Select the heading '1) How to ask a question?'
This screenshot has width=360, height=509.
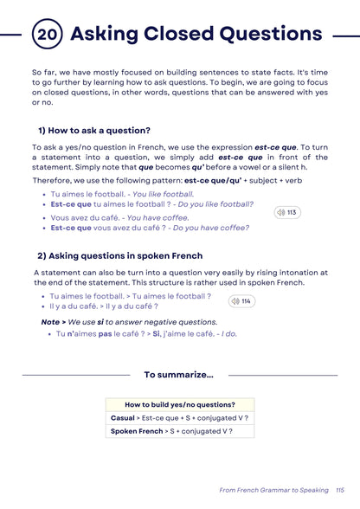coord(93,130)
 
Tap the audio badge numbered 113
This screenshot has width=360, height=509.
coord(286,212)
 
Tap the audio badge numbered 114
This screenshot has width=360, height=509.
coord(241,301)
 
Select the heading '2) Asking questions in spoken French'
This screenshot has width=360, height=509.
coord(119,256)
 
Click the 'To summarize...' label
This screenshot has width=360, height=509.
coord(179,375)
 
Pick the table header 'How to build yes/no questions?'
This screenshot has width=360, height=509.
coord(179,404)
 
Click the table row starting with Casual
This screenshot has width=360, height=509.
coord(179,417)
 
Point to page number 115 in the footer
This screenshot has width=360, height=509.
coord(339,490)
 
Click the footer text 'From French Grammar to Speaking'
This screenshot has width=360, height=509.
coord(273,490)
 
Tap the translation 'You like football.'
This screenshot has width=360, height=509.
coord(161,195)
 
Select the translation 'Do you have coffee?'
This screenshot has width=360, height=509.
coord(210,229)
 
